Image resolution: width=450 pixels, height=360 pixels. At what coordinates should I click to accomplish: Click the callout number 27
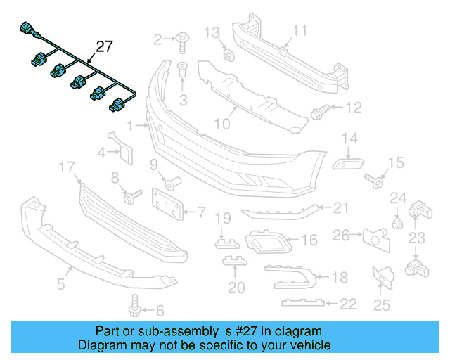coord(104,47)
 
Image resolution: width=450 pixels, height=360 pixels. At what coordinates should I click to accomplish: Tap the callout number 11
coord(300,30)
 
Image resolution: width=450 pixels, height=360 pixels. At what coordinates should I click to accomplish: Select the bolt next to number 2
coord(180,39)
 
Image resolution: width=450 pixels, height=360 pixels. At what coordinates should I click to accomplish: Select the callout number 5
coord(60,284)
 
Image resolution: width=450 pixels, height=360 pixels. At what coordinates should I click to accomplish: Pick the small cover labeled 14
coord(345,163)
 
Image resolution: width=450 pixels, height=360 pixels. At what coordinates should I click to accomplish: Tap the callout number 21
coord(341,207)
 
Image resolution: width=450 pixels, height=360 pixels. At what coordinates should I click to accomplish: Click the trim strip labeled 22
coord(304,302)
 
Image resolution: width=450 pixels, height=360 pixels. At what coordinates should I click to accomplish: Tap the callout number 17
coord(67,167)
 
